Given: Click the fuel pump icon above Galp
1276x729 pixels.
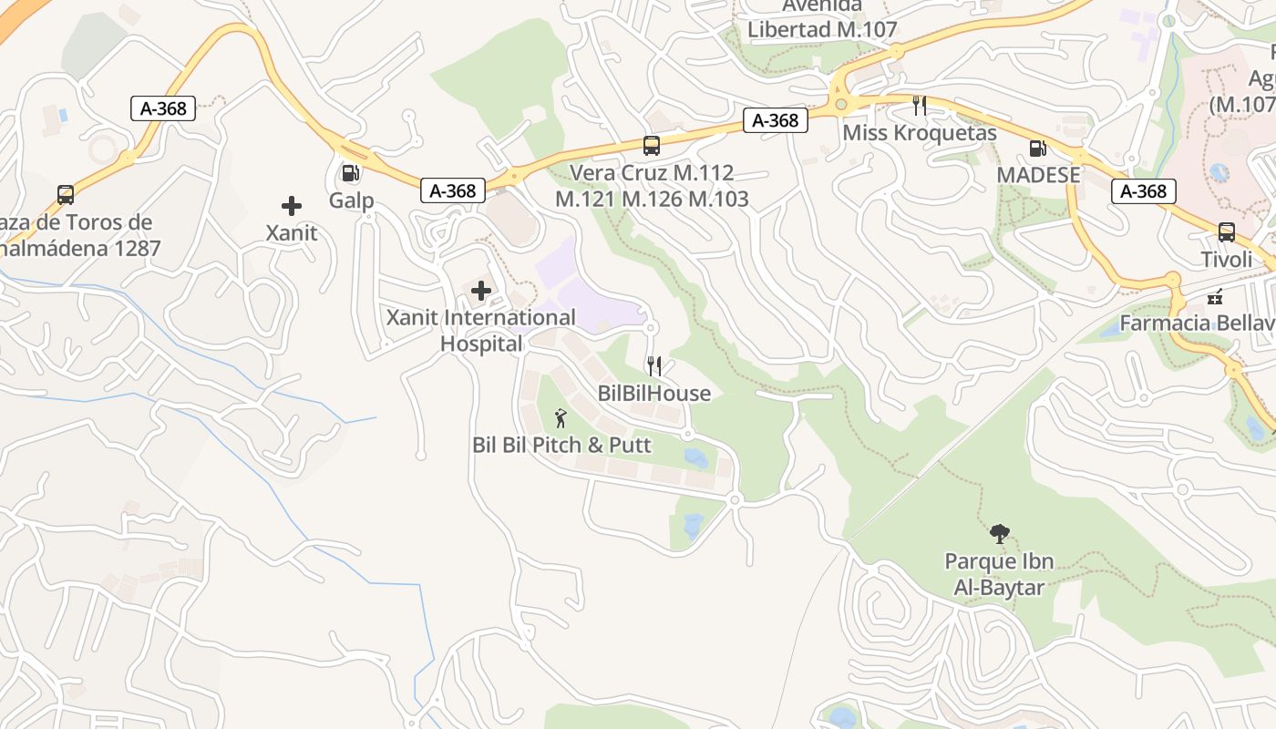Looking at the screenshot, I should pyautogui.click(x=349, y=173).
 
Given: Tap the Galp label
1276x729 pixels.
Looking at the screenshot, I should pyautogui.click(x=352, y=200).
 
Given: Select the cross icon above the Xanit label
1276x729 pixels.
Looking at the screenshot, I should pyautogui.click(x=292, y=206).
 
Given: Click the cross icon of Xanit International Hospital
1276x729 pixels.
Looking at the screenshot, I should pyautogui.click(x=481, y=291).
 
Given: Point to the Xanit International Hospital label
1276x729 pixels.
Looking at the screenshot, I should pyautogui.click(x=481, y=331).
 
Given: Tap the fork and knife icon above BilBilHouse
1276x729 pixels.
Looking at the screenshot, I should pyautogui.click(x=653, y=366).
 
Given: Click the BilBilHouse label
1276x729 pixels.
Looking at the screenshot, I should pyautogui.click(x=653, y=394).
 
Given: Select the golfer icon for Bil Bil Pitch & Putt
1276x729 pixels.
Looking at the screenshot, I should pyautogui.click(x=561, y=418).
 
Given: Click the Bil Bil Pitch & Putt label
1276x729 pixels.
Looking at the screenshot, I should pyautogui.click(x=561, y=446).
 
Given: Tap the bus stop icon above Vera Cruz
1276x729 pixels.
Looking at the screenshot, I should pyautogui.click(x=652, y=146).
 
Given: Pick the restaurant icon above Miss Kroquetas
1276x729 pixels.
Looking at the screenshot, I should pyautogui.click(x=920, y=106).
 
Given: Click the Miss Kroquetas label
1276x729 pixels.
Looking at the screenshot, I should pyautogui.click(x=920, y=133).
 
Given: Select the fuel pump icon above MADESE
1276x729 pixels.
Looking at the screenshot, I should pyautogui.click(x=1037, y=148).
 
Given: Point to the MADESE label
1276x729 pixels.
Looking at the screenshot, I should pyautogui.click(x=1038, y=175).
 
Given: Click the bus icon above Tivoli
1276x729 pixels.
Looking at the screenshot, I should pyautogui.click(x=1227, y=232).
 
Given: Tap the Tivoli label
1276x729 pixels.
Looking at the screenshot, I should pyautogui.click(x=1227, y=260).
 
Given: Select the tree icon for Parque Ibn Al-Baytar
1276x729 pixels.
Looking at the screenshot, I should pyautogui.click(x=1000, y=533).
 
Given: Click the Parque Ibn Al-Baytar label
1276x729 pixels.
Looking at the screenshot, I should pyautogui.click(x=999, y=575).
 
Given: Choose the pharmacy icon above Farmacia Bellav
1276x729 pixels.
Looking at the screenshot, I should pyautogui.click(x=1214, y=296).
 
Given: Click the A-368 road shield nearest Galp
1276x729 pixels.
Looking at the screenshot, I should pyautogui.click(x=453, y=190).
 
